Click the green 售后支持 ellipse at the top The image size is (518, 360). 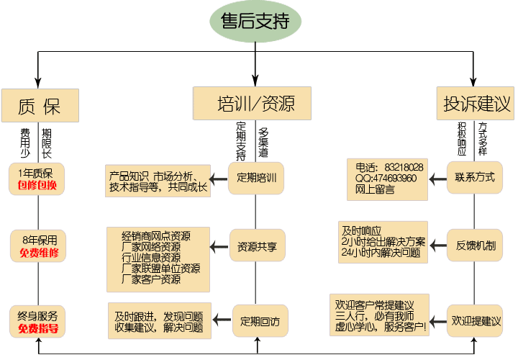(255, 22)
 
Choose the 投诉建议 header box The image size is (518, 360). (474, 104)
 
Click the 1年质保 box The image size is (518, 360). (37, 179)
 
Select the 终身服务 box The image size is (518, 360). (37, 321)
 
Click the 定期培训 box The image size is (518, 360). (256, 177)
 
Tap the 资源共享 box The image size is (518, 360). (257, 246)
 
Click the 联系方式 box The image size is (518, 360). (475, 177)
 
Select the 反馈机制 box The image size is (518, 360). (475, 245)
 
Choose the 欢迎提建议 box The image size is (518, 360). (475, 320)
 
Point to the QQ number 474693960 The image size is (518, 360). (395, 178)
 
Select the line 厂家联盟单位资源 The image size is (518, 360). (161, 269)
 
